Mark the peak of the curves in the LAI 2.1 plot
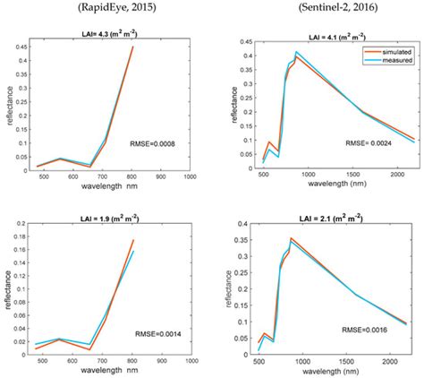pos(291,239)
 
